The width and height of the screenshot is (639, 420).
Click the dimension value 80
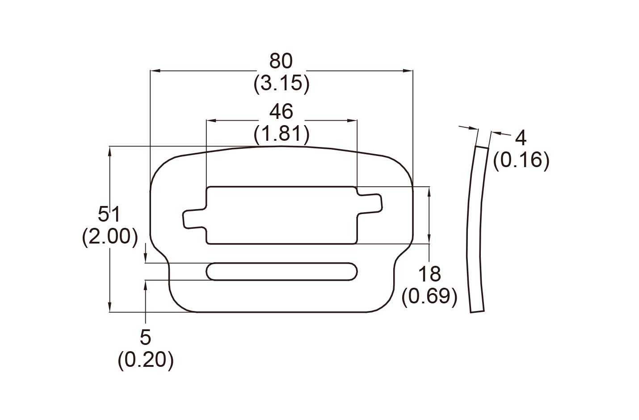[281, 61]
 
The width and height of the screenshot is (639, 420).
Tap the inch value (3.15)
[281, 84]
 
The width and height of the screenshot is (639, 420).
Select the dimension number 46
[281, 111]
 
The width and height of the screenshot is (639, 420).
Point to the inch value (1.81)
[281, 134]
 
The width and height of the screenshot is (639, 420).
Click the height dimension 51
[109, 214]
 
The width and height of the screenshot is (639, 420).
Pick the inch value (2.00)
[109, 237]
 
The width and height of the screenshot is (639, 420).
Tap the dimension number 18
[429, 274]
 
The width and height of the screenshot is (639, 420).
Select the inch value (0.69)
[429, 296]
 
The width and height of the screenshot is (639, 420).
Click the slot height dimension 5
[146, 337]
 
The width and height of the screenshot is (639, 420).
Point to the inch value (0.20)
[146, 360]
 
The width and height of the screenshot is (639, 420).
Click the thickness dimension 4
[521, 138]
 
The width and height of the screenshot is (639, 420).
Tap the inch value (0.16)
[521, 160]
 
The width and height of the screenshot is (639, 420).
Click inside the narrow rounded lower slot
[282, 271]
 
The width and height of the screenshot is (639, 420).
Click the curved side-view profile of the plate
[475, 228]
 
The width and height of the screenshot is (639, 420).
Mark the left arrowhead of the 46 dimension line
[210, 121]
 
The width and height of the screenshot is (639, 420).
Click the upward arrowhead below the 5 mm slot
[145, 284]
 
